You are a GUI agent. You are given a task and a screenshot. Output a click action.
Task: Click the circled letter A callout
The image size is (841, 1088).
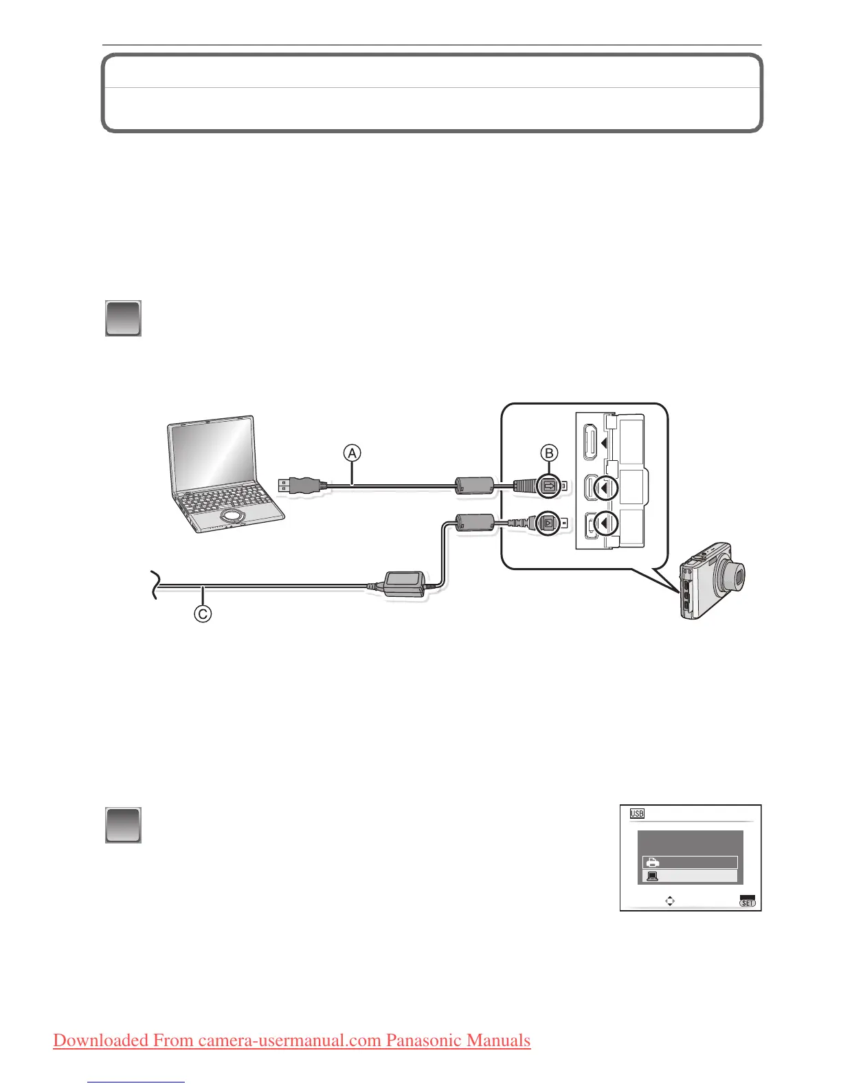352,453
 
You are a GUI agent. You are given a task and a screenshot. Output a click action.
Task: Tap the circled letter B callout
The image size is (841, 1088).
550,453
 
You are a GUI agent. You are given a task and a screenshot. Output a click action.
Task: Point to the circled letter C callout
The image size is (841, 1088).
202,613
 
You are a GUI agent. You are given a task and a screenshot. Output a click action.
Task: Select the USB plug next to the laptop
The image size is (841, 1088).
297,485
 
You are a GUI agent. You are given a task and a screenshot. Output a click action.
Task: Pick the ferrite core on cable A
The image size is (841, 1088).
474,486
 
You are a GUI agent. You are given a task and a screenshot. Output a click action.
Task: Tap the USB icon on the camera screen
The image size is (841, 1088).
637,813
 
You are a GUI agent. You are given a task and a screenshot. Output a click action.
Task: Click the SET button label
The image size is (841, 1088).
747,902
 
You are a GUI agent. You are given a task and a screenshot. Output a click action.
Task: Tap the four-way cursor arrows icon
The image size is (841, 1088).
670,901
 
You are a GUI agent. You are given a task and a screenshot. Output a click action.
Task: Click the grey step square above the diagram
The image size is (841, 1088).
123,318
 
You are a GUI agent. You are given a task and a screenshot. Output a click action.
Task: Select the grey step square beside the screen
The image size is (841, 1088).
123,825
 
